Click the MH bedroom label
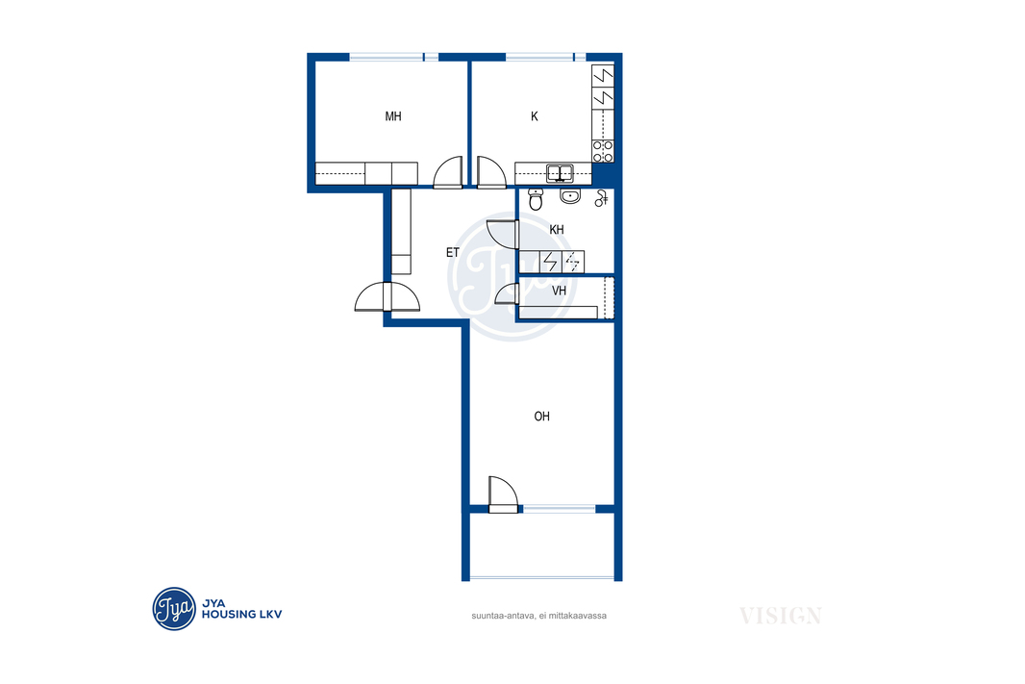tap(393, 116)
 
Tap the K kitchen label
tap(534, 116)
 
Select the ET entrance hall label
tap(452, 252)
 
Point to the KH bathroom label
tap(557, 230)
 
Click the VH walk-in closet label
tap(559, 291)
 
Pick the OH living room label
tap(542, 417)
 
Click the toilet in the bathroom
tap(536, 199)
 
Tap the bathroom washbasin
tap(570, 195)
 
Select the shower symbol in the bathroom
tap(601, 198)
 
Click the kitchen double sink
tap(560, 173)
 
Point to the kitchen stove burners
tap(603, 151)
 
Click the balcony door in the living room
tap(503, 494)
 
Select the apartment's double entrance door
tap(387, 296)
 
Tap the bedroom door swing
tap(448, 172)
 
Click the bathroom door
tap(503, 235)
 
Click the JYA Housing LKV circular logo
tap(174, 609)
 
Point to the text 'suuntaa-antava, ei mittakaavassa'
tap(538, 616)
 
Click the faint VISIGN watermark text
tap(781, 616)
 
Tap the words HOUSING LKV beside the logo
tap(242, 614)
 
